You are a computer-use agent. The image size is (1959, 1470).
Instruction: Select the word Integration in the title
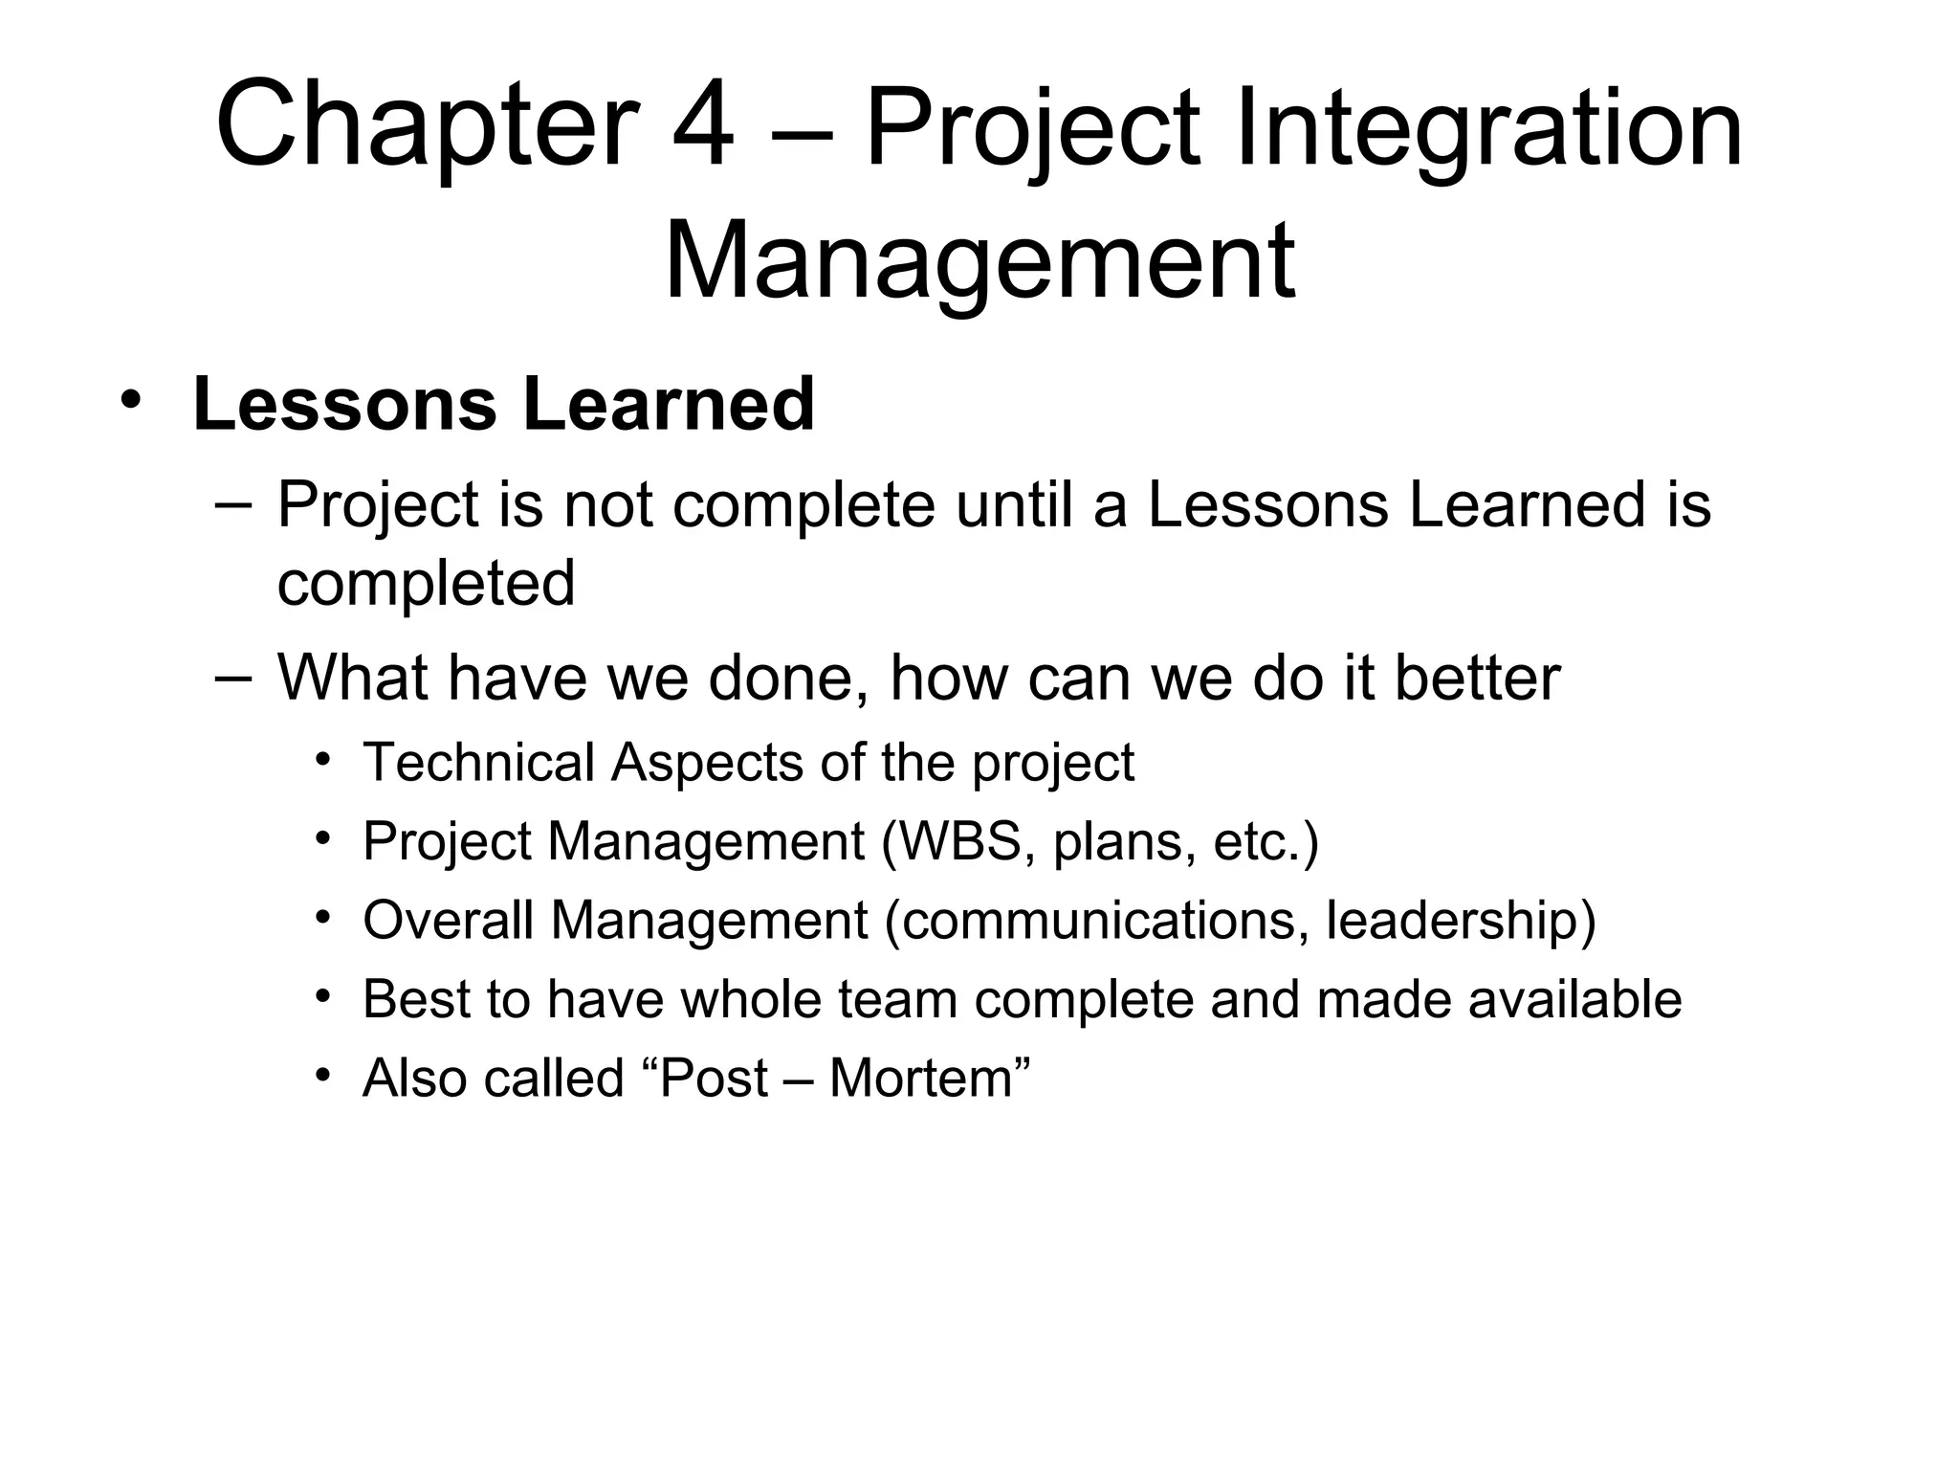(1489, 129)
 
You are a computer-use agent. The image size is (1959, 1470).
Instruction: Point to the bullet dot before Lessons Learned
(131, 400)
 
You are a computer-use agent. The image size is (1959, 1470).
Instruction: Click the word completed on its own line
(426, 584)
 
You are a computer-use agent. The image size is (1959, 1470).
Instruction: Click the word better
(1477, 678)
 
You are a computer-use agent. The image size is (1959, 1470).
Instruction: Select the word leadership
(1452, 921)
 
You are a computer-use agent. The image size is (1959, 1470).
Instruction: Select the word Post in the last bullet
(714, 1079)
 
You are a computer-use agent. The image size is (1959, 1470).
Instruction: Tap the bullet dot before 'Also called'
(323, 1076)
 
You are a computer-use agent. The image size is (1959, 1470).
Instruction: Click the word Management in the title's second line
(979, 260)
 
